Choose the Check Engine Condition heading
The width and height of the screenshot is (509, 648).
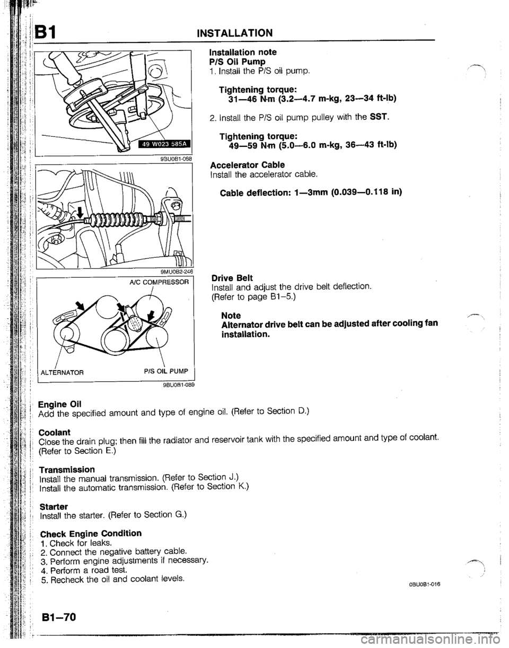tap(91, 533)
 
